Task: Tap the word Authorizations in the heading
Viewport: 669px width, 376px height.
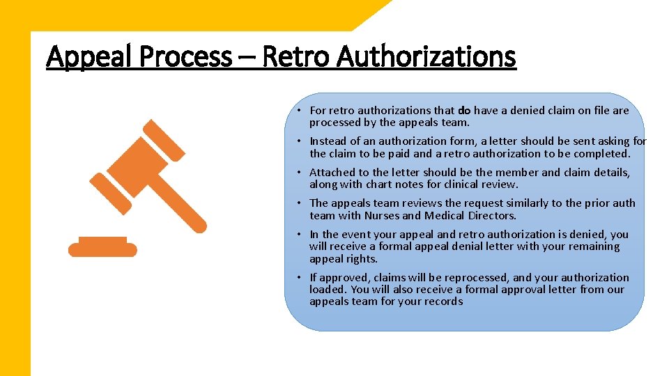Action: tap(426, 57)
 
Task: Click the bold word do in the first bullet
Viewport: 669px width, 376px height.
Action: tap(464, 110)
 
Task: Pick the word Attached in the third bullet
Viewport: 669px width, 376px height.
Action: tap(331, 173)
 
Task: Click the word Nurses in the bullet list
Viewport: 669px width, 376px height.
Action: tap(383, 216)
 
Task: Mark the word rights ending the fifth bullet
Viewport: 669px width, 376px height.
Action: tap(362, 259)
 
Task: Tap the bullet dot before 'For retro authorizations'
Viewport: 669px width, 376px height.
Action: tap(296, 111)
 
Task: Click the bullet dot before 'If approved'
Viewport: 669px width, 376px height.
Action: tap(296, 278)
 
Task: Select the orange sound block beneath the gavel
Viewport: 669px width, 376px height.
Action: tap(102, 247)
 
